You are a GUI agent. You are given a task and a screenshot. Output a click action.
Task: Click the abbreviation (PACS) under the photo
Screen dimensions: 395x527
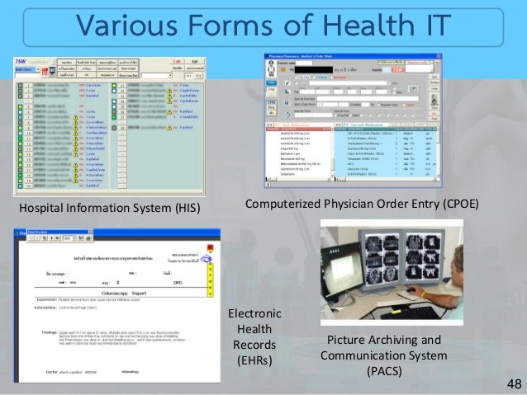386,371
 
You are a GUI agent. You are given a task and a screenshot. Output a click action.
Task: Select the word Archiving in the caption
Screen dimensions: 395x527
395,340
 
